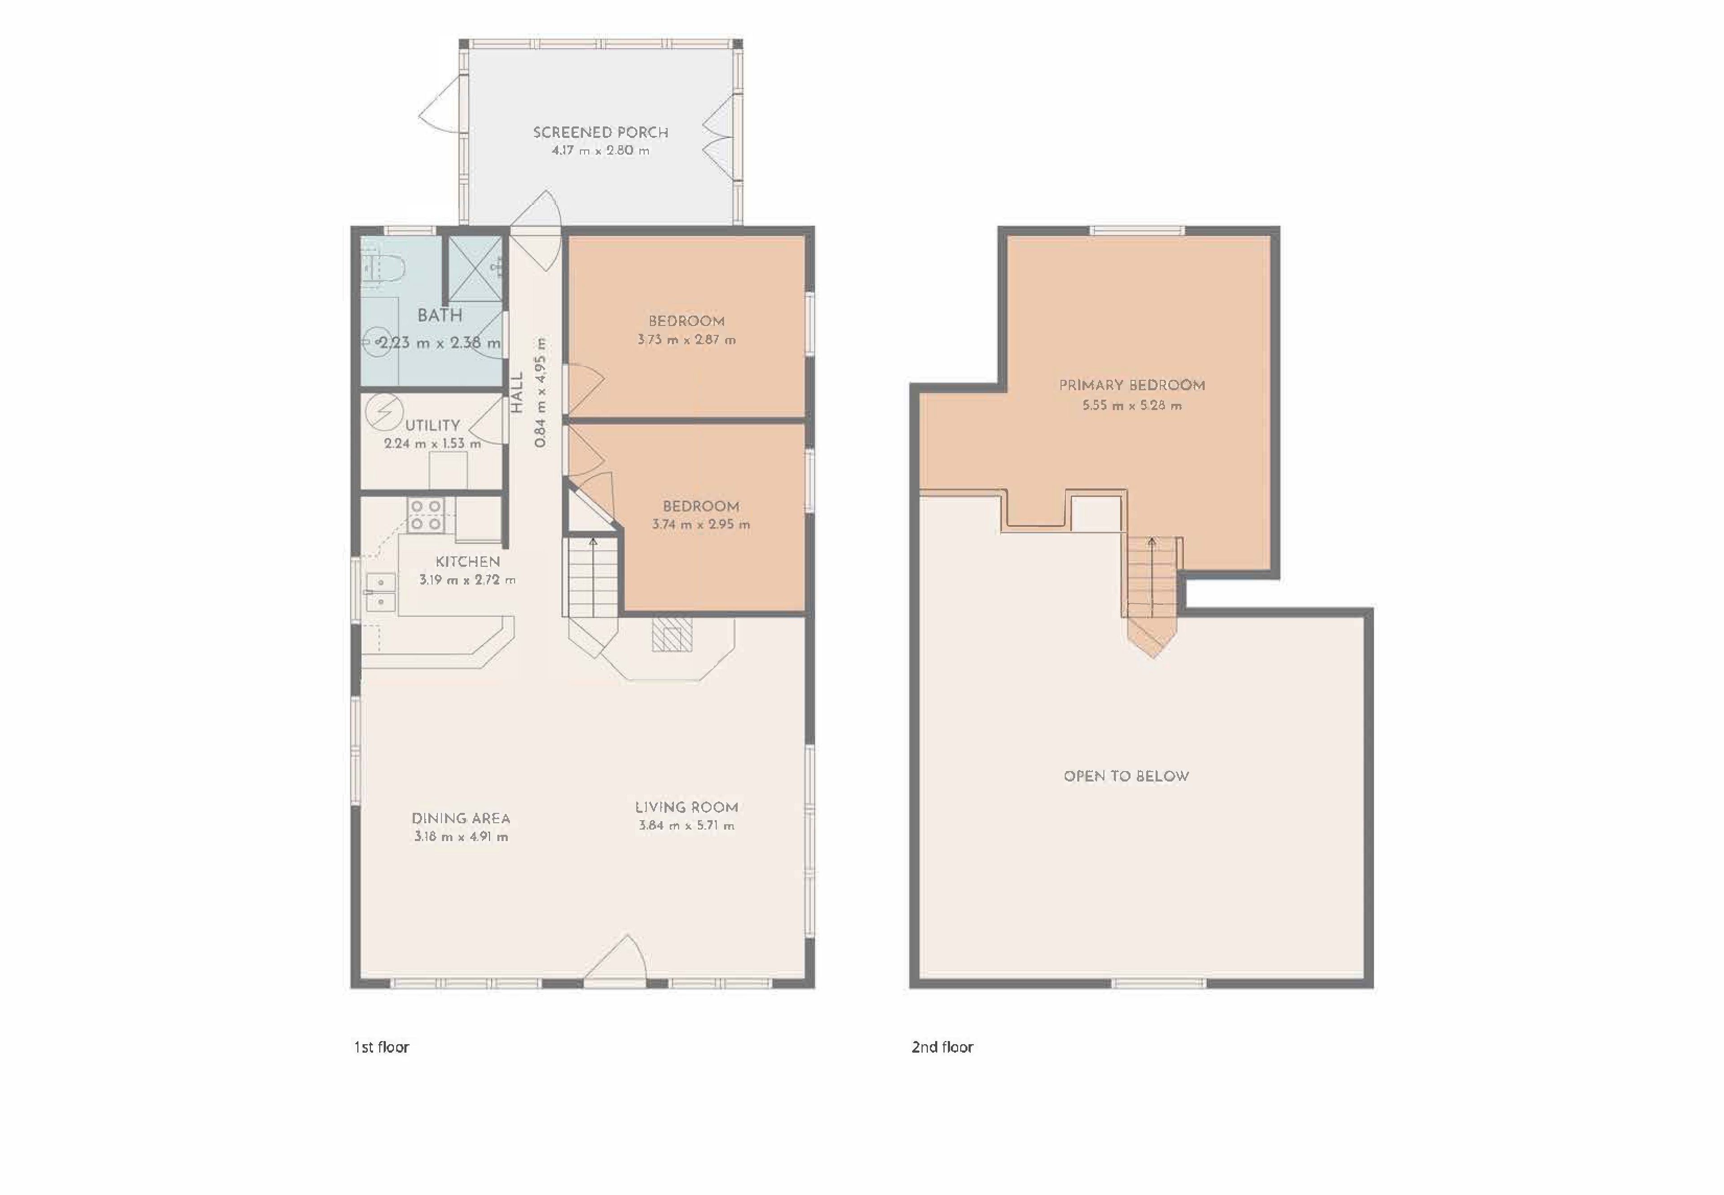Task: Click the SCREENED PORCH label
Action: point(601,132)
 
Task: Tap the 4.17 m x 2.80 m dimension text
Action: point(601,150)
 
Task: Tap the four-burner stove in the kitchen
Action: point(426,516)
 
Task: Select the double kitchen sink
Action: point(381,592)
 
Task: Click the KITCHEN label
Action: point(468,562)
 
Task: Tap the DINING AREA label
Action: point(461,818)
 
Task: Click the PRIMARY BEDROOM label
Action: point(1132,386)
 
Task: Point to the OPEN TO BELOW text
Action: point(1126,777)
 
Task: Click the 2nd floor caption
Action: point(942,1047)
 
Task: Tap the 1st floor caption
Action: point(381,1047)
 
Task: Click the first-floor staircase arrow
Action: point(593,576)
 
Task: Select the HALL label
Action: point(517,393)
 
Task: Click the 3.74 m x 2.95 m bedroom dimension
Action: point(701,525)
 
